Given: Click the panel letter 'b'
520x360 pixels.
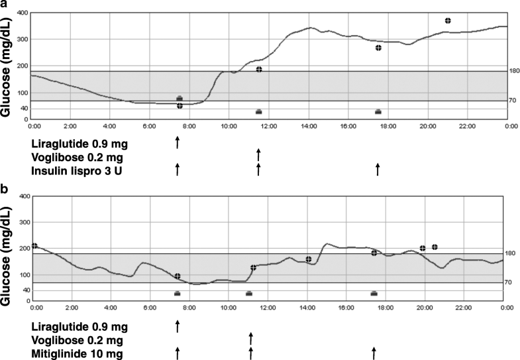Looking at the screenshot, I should click(x=5, y=189).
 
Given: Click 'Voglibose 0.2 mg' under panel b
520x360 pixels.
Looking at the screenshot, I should click(x=76, y=341).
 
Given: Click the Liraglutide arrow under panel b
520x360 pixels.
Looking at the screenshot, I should click(x=178, y=326).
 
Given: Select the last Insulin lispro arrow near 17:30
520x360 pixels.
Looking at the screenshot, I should click(x=378, y=169).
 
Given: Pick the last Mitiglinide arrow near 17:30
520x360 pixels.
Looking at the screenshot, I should click(x=374, y=352).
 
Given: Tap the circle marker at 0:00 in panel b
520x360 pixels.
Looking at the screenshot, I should click(x=34, y=246).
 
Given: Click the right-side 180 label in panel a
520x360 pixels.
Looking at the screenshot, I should click(x=511, y=71).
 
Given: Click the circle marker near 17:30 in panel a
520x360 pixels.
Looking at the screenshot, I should click(x=378, y=48).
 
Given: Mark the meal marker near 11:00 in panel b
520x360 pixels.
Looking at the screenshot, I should click(x=249, y=293).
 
